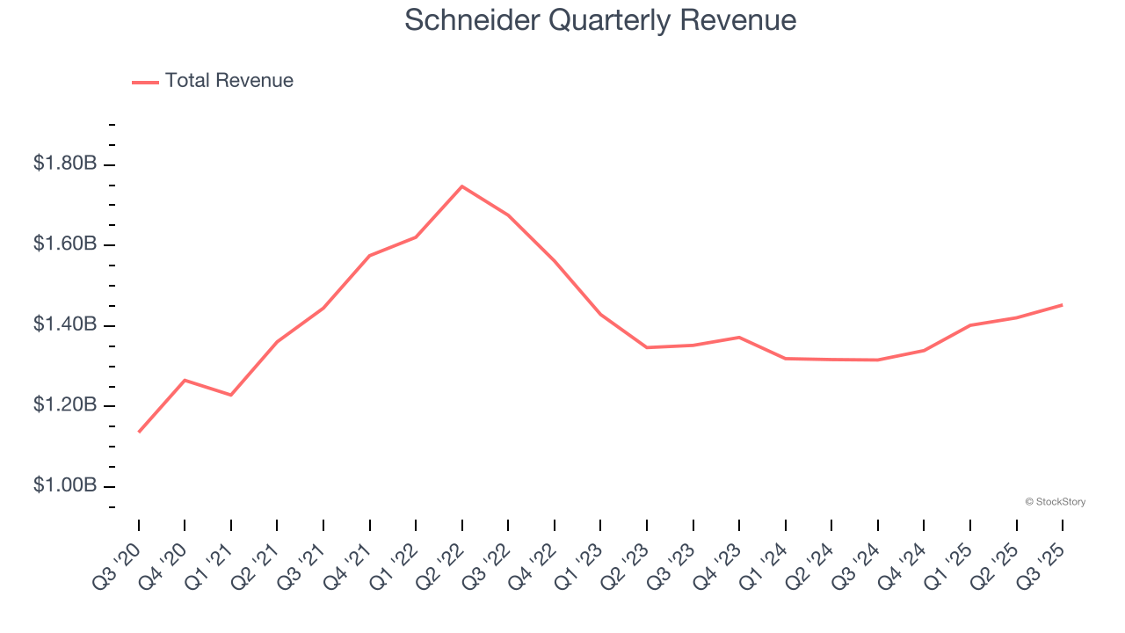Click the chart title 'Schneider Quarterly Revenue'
point(600,20)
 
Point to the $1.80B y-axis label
point(65,164)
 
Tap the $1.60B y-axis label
point(65,244)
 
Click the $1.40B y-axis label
point(65,325)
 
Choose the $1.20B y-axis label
point(65,405)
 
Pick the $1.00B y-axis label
point(65,486)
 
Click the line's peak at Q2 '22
point(462,186)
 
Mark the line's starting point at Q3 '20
point(139,432)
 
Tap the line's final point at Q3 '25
point(1062,305)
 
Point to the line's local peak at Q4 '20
point(185,380)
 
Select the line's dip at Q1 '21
point(231,395)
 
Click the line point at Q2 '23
point(647,347)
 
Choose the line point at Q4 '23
point(739,337)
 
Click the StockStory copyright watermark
point(1055,502)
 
